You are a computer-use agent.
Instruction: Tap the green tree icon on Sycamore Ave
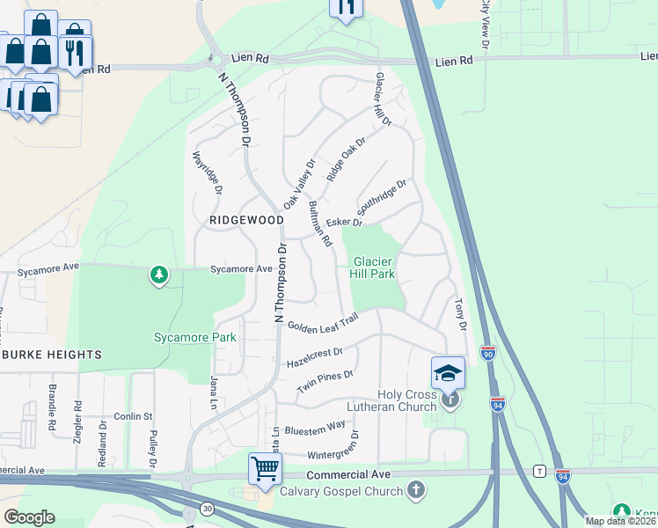pos(159,276)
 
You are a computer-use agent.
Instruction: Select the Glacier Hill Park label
pos(374,268)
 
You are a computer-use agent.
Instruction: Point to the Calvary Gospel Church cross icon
pos(416,488)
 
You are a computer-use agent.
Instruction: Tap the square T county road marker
pos(537,472)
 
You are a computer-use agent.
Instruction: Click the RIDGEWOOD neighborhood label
pos(245,219)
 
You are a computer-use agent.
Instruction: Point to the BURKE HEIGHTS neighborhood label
pos(51,355)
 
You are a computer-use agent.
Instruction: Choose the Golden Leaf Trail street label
pos(321,323)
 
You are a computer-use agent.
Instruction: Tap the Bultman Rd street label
pos(319,223)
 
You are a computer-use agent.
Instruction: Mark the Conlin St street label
pos(134,416)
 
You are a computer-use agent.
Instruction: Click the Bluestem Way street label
pos(315,428)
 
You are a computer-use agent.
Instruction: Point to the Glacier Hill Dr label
pos(383,99)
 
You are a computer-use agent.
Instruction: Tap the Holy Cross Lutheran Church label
pos(406,400)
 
